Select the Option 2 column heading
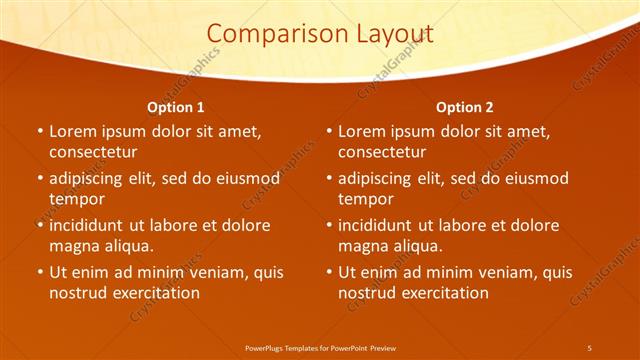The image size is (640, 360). pyautogui.click(x=465, y=107)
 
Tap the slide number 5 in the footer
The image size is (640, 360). pyautogui.click(x=589, y=347)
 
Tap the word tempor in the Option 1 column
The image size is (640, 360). pyautogui.click(x=76, y=199)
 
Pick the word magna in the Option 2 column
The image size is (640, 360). pyautogui.click(x=362, y=246)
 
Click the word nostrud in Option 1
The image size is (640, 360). pyautogui.click(x=78, y=293)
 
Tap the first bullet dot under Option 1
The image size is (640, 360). pyautogui.click(x=39, y=132)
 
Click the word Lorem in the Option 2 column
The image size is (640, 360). pyautogui.click(x=361, y=131)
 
